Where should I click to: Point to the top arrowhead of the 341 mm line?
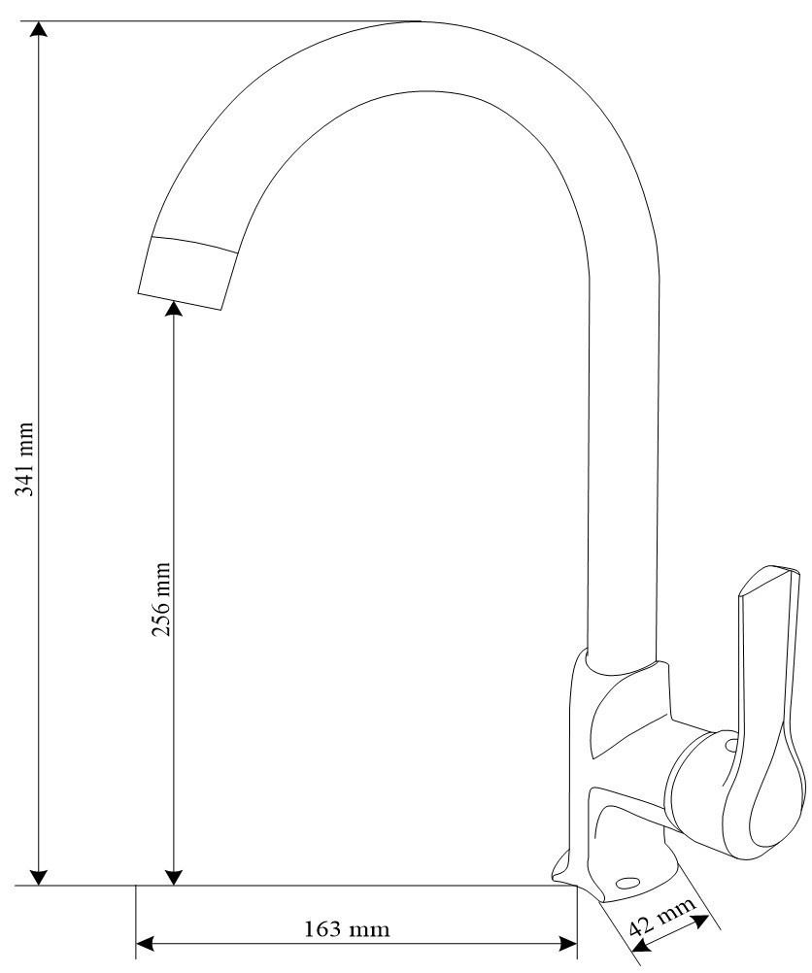(39, 29)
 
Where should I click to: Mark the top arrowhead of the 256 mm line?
(174, 309)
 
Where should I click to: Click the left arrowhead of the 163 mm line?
(145, 944)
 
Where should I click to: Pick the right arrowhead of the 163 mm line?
(568, 944)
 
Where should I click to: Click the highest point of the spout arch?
(420, 21)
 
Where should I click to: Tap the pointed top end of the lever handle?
(782, 571)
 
